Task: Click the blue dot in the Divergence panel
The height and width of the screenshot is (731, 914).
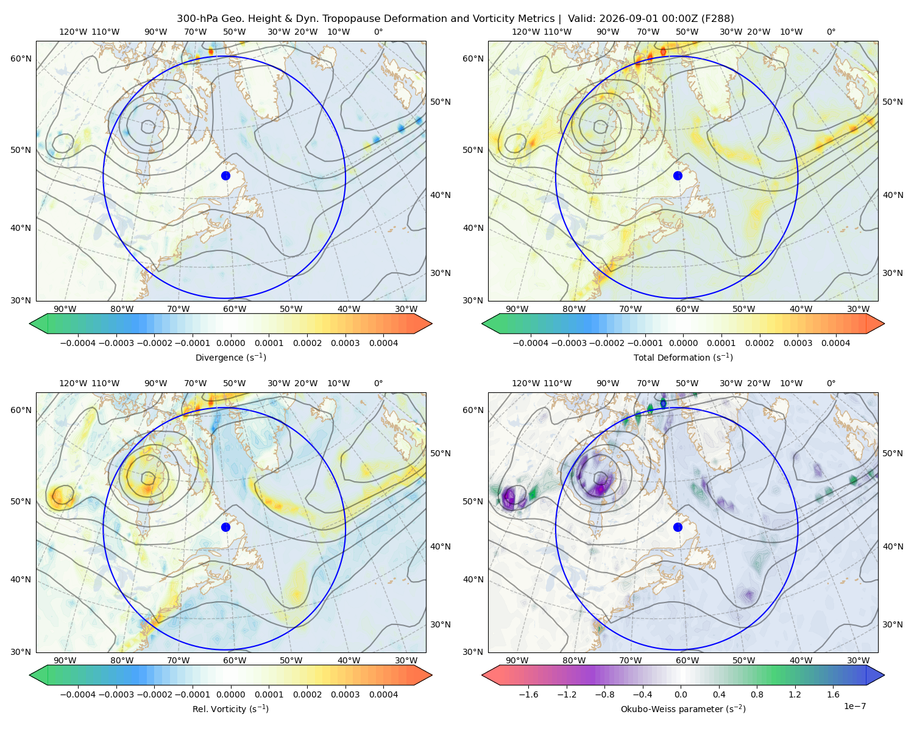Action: tap(225, 175)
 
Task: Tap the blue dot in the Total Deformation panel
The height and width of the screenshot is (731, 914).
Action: tap(678, 175)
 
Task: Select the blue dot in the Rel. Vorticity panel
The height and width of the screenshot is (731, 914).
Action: tap(225, 527)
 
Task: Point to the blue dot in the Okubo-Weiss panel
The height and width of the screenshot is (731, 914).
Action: tap(678, 527)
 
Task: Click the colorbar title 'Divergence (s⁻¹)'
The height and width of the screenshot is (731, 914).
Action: tap(230, 357)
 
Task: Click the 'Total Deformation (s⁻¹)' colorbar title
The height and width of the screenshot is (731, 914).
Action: tap(683, 357)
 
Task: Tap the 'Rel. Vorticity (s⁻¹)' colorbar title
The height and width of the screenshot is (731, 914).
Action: tap(230, 708)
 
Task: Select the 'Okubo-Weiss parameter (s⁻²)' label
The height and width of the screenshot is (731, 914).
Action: tap(683, 708)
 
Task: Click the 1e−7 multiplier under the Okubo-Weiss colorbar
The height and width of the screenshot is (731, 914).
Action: tap(854, 706)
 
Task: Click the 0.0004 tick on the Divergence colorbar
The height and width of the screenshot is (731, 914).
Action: tap(383, 343)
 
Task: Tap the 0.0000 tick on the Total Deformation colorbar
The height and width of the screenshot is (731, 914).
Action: tap(683, 343)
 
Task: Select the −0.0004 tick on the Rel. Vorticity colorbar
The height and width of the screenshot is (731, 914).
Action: tap(78, 694)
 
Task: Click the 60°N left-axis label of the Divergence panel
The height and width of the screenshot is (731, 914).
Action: tap(21, 58)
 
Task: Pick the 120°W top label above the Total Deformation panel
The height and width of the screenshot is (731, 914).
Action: tap(525, 32)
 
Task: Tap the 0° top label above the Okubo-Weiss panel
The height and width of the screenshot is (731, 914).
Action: tap(831, 383)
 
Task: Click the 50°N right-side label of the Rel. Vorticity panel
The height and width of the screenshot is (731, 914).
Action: tap(441, 453)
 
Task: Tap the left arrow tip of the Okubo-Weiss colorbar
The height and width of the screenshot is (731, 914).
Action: tap(482, 675)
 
